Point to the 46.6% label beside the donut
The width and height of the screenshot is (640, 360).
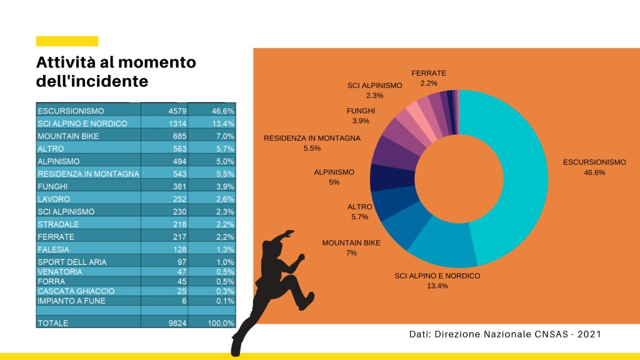594,172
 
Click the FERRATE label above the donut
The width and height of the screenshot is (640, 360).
429,73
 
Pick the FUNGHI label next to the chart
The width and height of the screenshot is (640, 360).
361,111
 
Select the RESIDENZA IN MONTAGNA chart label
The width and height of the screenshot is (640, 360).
312,138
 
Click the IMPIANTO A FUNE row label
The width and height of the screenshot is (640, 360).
71,301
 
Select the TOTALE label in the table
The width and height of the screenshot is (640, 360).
53,323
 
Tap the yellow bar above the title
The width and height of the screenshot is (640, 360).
67,41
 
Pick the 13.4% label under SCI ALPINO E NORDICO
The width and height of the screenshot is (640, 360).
437,286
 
